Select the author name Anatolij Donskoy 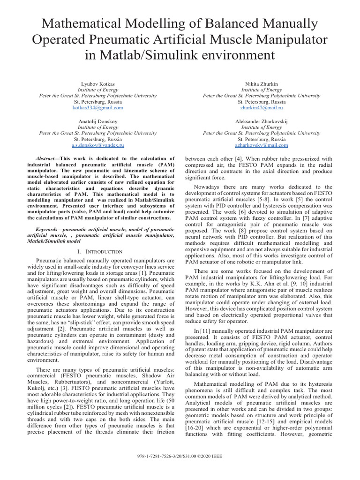pos(97,121)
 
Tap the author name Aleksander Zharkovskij pos(262,121)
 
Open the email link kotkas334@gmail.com pos(97,107)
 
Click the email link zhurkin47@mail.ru pos(262,107)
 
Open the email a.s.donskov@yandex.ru pos(97,146)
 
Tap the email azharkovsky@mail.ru pos(262,146)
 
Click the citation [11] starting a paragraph pos(198,330)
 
